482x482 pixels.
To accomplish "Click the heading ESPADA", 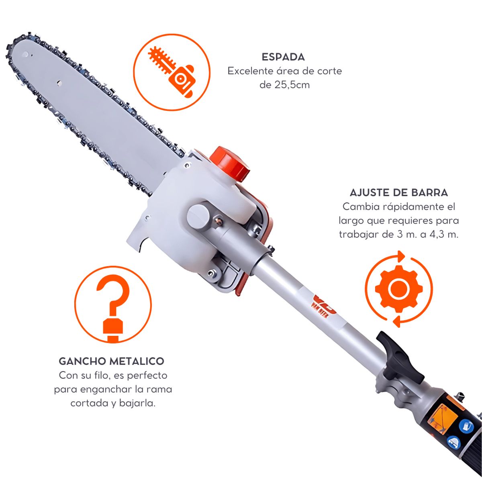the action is click(283, 57).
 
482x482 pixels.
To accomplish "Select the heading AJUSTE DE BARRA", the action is click(399, 193).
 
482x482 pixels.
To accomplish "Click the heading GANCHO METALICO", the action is click(112, 361).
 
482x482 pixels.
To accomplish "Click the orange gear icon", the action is click(399, 289).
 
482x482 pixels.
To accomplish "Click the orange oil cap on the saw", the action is click(230, 163).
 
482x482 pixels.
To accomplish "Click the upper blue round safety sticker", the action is click(466, 426).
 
